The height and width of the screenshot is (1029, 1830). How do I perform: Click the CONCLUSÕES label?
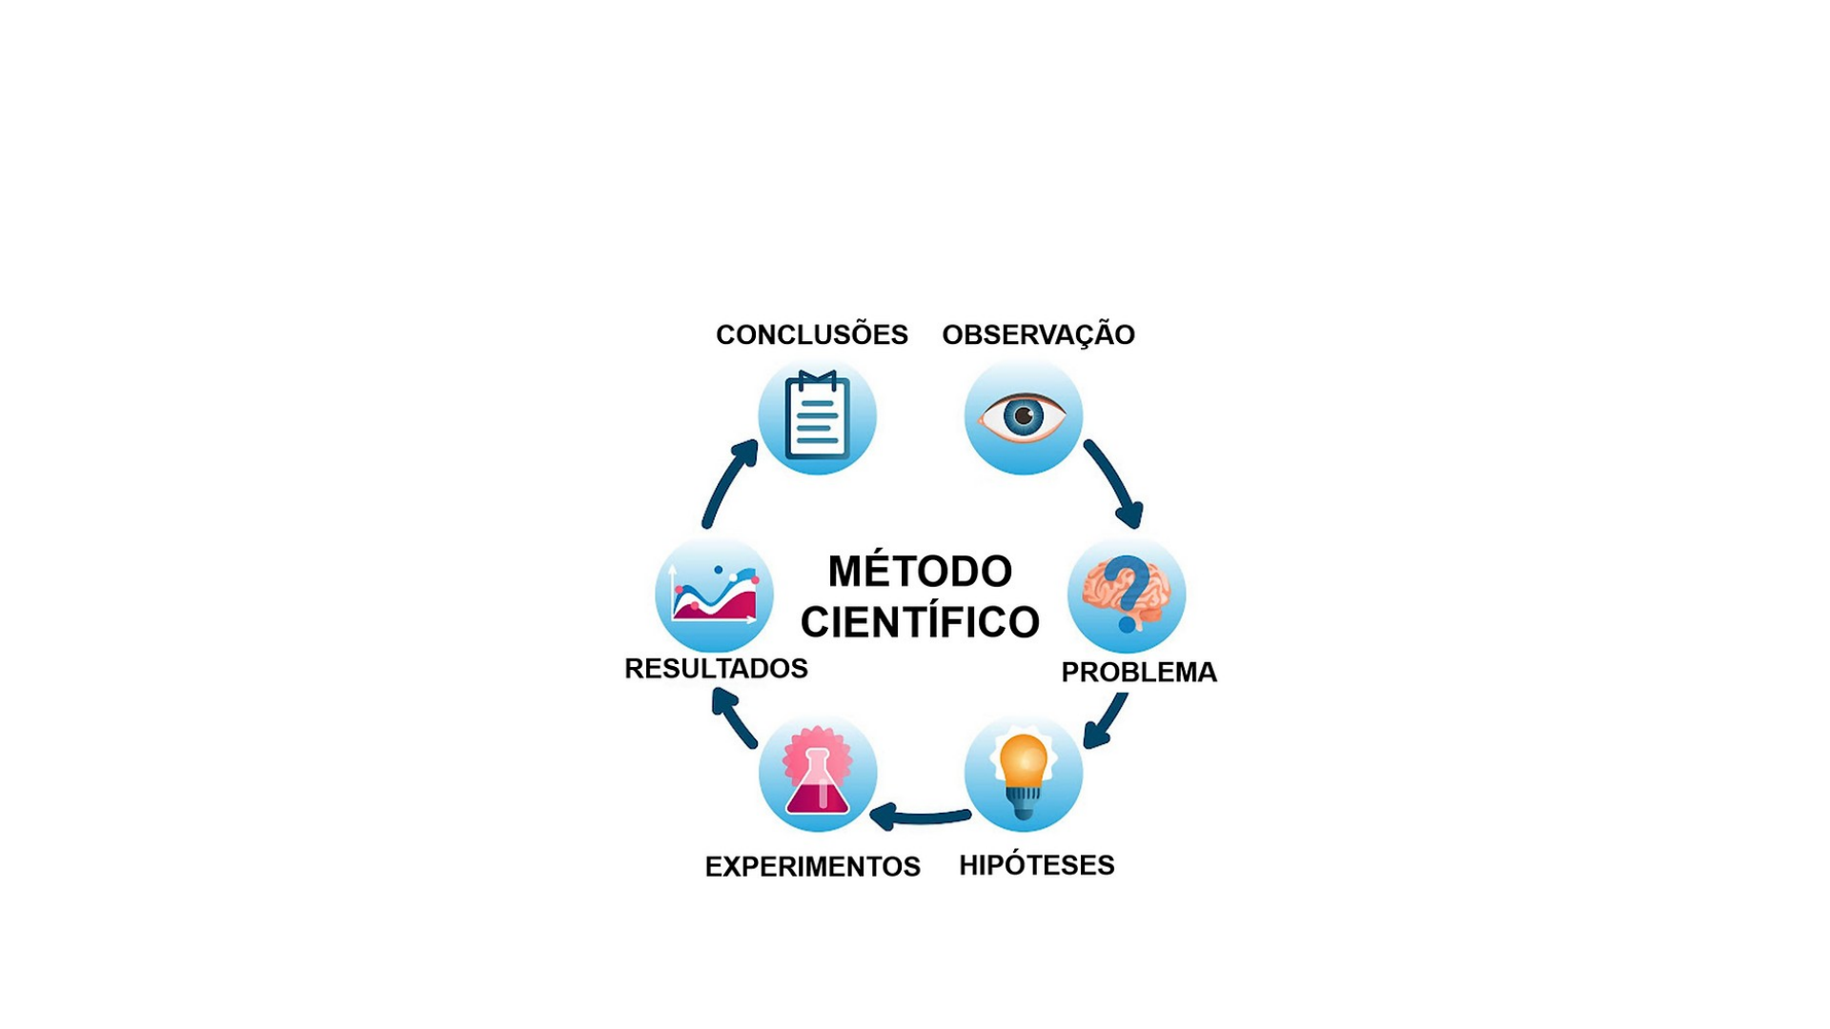pos(811,334)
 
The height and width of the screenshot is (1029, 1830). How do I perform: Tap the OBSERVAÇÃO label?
pos(1038,334)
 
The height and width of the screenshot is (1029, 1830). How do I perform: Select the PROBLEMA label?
pos(1139,672)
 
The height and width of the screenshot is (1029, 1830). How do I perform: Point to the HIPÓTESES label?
pos(1036,865)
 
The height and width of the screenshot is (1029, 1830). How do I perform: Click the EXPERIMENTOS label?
pos(812,866)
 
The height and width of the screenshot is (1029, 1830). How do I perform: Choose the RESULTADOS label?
pos(716,669)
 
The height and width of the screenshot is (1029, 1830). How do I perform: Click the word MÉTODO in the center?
pos(920,572)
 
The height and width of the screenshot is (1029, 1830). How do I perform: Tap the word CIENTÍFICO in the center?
pos(920,622)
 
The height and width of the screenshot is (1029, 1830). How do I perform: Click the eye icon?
pos(1023,416)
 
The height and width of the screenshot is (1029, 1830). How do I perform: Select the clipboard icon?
pos(817,417)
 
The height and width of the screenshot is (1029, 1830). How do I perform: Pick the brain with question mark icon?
pos(1127,595)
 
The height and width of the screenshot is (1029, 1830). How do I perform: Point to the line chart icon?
pos(714,595)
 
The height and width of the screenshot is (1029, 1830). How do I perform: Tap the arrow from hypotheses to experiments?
pos(921,817)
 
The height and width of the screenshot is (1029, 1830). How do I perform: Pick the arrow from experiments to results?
pos(734,718)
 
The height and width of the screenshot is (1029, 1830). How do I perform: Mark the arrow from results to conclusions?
pos(728,483)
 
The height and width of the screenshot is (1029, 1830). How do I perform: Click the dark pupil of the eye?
pos(1024,416)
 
